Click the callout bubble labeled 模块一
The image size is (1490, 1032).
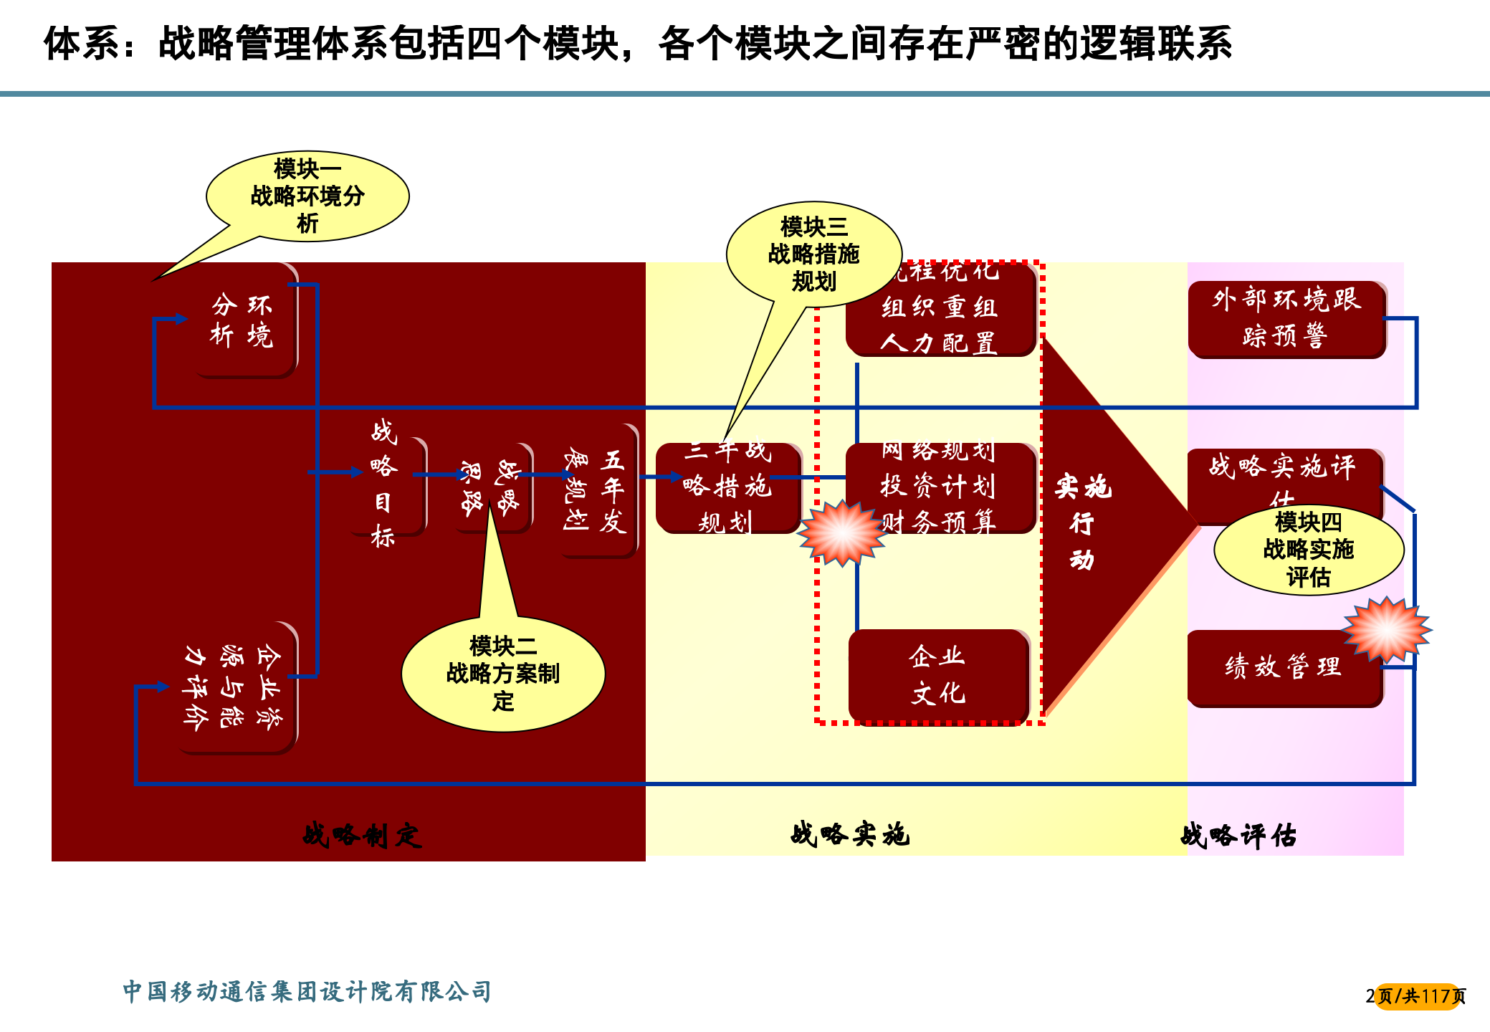[x=307, y=196]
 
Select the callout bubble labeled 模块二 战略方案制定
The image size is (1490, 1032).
[x=503, y=674]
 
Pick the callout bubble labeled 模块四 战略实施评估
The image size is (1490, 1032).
[x=1308, y=550]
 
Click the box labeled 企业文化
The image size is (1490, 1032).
[x=938, y=674]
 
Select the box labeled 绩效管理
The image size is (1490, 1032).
[x=1283, y=667]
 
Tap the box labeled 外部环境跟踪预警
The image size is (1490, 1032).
[x=1286, y=318]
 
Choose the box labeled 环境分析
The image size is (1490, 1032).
[x=243, y=320]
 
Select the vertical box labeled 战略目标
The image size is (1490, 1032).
[x=384, y=484]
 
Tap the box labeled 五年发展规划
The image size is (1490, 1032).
[x=597, y=491]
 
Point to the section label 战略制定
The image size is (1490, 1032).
[x=362, y=835]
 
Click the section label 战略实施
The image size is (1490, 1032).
[x=850, y=834]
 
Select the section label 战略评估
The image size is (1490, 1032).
[x=1238, y=836]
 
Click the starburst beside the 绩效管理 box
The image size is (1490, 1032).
[x=1387, y=629]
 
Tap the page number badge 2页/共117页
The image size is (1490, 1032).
[x=1416, y=996]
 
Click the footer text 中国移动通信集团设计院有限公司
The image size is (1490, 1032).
[x=307, y=991]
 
